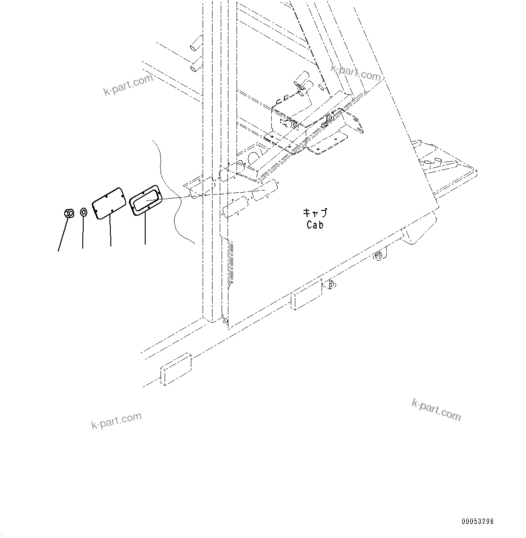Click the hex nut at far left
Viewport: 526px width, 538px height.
pos(69,213)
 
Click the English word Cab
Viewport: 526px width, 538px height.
pos(315,224)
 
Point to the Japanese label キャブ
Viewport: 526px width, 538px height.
pos(315,213)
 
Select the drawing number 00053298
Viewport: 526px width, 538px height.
pos(478,522)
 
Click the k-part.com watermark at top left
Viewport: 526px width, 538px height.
pos(128,85)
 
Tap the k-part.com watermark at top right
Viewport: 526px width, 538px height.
pos(356,71)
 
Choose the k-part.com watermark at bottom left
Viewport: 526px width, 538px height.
pos(116,420)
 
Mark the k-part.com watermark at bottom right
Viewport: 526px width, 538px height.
pos(436,409)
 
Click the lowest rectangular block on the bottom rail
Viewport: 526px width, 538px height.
pos(176,370)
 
